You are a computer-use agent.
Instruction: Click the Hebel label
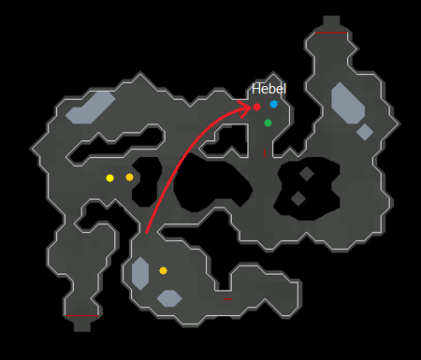coord(269,89)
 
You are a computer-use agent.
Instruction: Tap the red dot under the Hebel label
coord(256,108)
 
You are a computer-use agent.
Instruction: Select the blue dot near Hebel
coord(274,105)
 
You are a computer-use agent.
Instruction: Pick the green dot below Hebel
coord(268,122)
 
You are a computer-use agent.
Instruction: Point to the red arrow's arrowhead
coord(251,108)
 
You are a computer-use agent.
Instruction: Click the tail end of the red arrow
coord(146,230)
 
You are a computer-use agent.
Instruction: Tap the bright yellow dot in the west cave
coord(110,178)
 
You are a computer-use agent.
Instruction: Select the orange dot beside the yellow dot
coord(130,177)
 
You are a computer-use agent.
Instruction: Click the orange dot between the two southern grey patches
coord(163,270)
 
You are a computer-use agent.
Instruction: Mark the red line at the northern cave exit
coord(331,32)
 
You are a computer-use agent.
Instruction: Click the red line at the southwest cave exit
coord(82,318)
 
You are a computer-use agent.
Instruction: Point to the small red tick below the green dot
coord(265,151)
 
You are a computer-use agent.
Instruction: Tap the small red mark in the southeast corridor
coord(227,300)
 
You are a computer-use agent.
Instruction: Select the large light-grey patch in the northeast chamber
coord(347,103)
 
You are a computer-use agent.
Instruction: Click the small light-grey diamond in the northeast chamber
coord(365,132)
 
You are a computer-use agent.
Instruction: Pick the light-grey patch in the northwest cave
coord(90,108)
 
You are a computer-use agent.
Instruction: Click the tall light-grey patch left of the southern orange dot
coord(140,273)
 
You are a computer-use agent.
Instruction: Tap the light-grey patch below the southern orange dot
coord(169,298)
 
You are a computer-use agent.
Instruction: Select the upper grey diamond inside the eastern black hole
coord(306,174)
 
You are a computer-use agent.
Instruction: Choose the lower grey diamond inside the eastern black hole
coord(298,198)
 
